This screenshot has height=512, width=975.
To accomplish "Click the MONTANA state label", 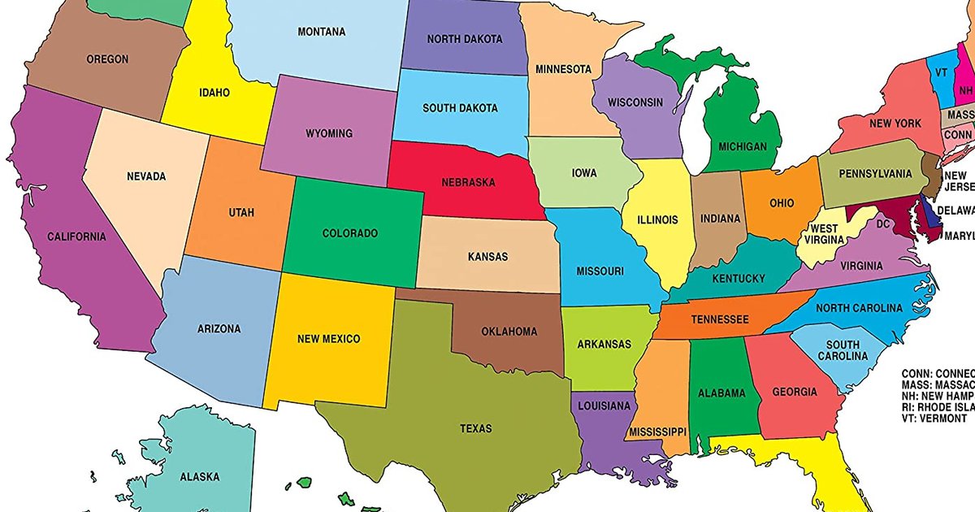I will [321, 32].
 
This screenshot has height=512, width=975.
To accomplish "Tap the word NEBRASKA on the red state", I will [468, 182].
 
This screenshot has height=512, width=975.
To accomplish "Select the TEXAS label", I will [475, 428].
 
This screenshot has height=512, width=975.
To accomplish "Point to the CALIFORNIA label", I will [76, 236].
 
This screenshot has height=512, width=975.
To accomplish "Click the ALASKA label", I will [199, 477].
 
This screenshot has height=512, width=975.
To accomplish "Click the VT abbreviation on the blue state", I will [941, 72].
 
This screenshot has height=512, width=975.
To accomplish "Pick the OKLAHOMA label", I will [509, 332].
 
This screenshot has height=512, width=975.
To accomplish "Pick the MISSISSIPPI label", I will [657, 430].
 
